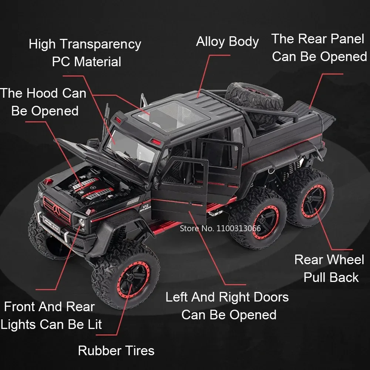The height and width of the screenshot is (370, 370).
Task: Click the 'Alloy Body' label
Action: pos(227,41)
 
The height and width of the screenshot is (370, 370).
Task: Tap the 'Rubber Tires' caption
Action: pos(116,350)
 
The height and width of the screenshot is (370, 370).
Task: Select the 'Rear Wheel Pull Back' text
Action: pos(329,268)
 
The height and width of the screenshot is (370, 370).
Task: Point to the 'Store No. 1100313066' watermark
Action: pos(220,228)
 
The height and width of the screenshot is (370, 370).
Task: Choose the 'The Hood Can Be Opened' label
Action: pos(44,101)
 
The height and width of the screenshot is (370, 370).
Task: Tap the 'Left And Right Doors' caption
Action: pos(227,297)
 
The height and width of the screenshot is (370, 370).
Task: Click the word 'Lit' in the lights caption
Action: pos(94,324)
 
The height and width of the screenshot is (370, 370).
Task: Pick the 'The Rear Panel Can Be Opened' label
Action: pos(319,47)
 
